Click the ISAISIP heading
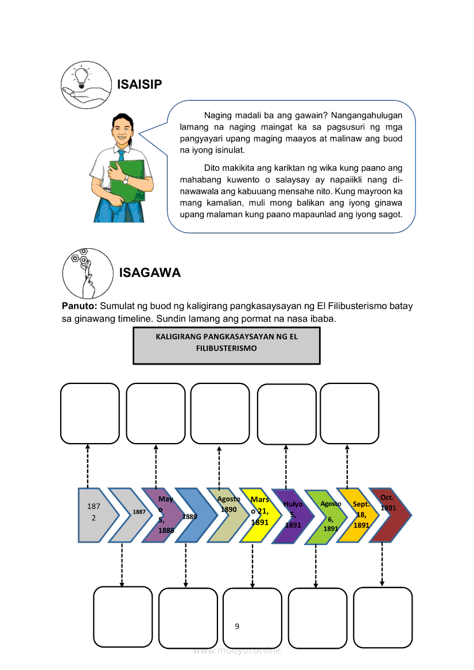[139, 85]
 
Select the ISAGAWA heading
[150, 273]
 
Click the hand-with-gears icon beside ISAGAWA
[87, 272]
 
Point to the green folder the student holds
[129, 177]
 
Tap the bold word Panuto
[79, 306]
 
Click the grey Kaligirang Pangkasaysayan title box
[227, 346]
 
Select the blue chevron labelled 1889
[192, 515]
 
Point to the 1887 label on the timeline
[139, 512]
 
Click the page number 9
[237, 626]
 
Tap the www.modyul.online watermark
[237, 651]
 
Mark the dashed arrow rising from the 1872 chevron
[88, 465]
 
